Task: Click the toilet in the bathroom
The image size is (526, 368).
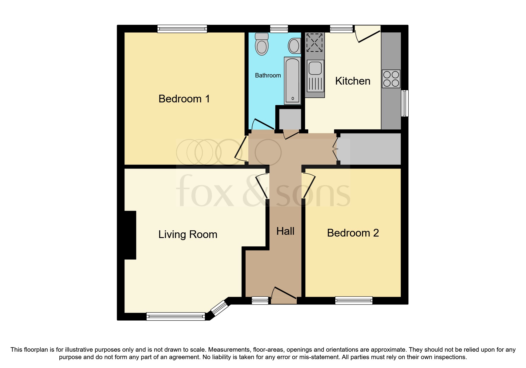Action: pyautogui.click(x=262, y=45)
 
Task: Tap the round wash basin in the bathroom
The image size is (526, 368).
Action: pyautogui.click(x=294, y=46)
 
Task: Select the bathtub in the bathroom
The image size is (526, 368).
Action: pyautogui.click(x=293, y=80)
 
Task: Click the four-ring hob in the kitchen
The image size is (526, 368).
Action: pyautogui.click(x=391, y=79)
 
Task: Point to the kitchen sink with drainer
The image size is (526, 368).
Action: pyautogui.click(x=315, y=76)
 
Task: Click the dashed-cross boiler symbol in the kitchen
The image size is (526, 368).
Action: pyautogui.click(x=314, y=42)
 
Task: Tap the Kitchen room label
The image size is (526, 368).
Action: pyautogui.click(x=353, y=81)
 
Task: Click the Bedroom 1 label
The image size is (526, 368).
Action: pyautogui.click(x=184, y=99)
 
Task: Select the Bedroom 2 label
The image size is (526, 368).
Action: pyautogui.click(x=353, y=233)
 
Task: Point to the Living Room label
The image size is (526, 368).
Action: pyautogui.click(x=188, y=234)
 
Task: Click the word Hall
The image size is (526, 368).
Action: pyautogui.click(x=285, y=231)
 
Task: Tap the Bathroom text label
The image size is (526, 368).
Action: pyautogui.click(x=268, y=75)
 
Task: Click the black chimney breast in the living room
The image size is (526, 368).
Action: pyautogui.click(x=130, y=235)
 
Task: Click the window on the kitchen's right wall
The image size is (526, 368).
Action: pyautogui.click(x=405, y=103)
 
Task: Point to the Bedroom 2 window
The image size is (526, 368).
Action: pyautogui.click(x=353, y=300)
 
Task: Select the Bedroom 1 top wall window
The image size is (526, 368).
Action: pyautogui.click(x=182, y=29)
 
